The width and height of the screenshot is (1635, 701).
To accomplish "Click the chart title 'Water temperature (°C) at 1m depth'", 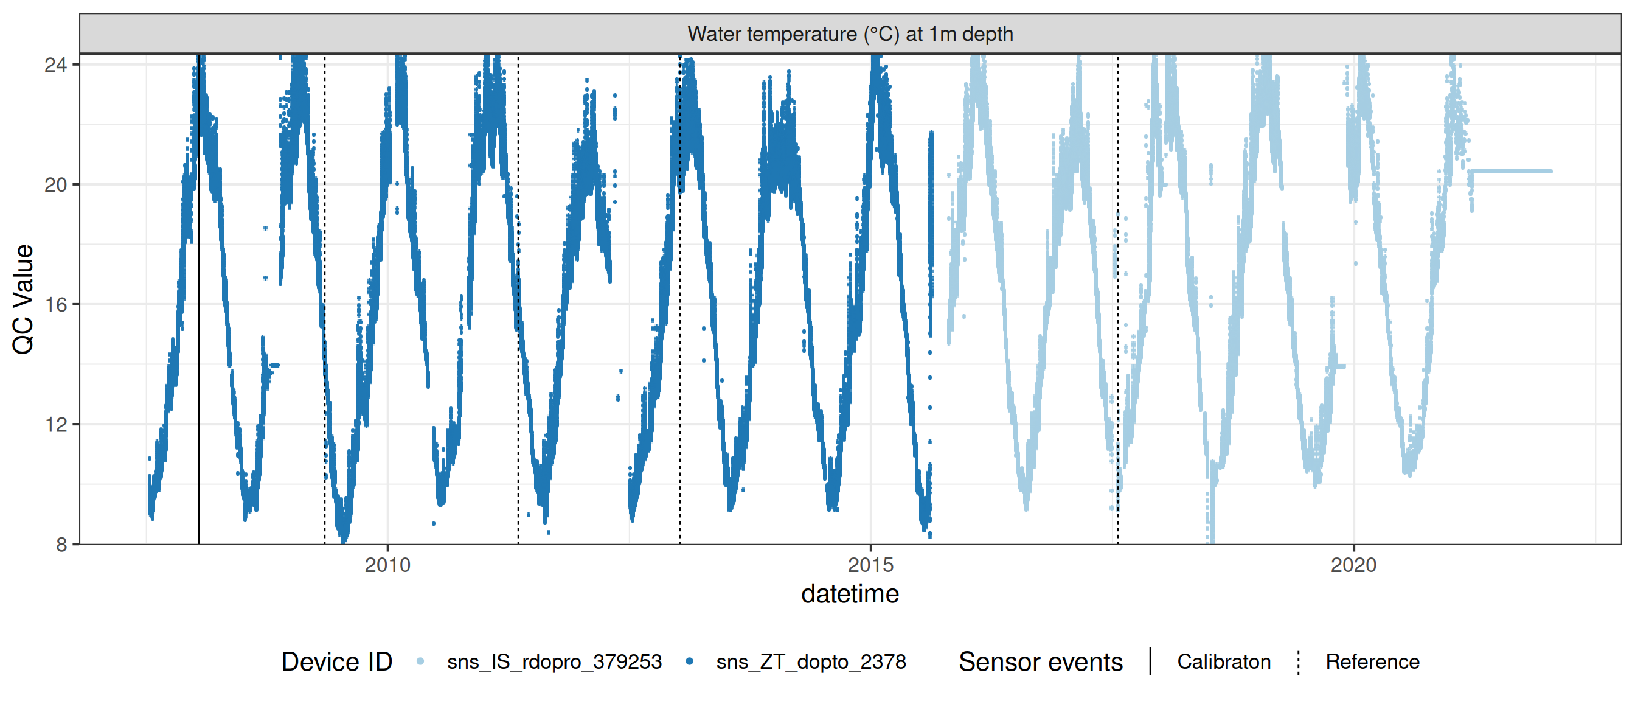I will tap(850, 33).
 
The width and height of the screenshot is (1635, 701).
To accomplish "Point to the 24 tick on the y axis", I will tap(56, 65).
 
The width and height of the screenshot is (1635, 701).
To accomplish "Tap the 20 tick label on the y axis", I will tap(56, 185).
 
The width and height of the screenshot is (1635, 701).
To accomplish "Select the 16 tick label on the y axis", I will tap(56, 305).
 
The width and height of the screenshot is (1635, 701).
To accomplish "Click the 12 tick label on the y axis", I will tap(56, 424).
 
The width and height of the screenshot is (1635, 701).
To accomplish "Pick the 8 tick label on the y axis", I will tap(61, 544).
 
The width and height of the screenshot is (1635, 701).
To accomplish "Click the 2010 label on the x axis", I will tap(387, 565).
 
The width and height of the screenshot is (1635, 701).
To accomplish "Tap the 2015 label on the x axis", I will tap(870, 565).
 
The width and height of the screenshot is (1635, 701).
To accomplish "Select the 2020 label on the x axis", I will tap(1353, 565).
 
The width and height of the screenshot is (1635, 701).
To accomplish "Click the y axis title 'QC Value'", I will tap(24, 298).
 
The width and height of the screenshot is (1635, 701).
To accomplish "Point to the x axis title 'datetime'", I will tap(850, 595).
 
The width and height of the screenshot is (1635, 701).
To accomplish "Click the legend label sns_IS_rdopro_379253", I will tap(554, 661).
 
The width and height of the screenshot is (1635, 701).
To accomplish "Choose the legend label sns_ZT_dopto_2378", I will tap(811, 661).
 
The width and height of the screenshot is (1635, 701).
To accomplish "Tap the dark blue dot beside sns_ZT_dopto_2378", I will tap(689, 661).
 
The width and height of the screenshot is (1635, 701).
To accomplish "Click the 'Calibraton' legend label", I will tap(1223, 661).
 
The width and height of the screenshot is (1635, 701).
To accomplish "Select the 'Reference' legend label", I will tap(1372, 661).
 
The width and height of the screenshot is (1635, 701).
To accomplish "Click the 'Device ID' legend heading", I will tap(336, 661).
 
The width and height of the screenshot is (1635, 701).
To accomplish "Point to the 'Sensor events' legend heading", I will tap(1040, 661).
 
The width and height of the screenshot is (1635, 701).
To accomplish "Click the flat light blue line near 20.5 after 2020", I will tap(1510, 172).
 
